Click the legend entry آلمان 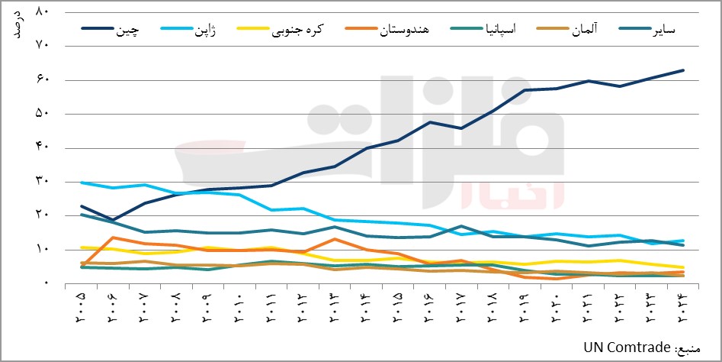click(584, 30)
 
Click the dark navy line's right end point click(683, 70)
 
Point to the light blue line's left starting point click(82, 183)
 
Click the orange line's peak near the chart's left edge click(113, 238)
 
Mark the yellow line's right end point click(683, 268)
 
